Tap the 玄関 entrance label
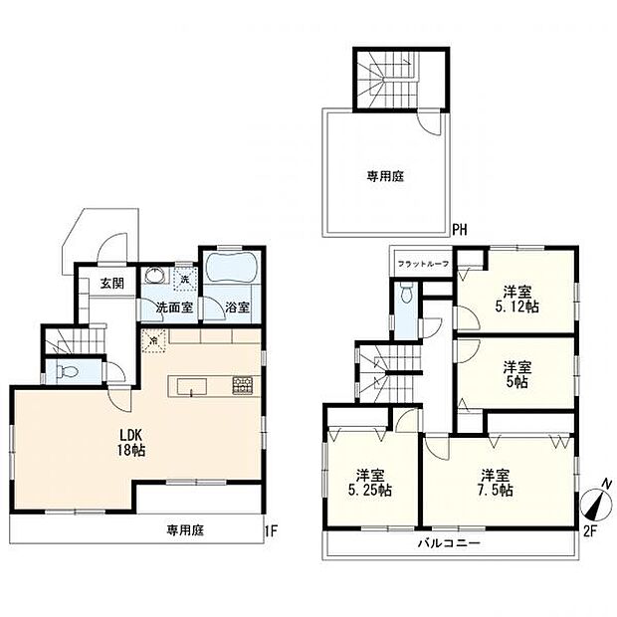(110, 284)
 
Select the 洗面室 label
(172, 307)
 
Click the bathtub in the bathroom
(231, 271)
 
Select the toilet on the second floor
(406, 295)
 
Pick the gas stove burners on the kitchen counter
(242, 383)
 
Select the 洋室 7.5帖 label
(495, 483)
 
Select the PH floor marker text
(460, 230)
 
